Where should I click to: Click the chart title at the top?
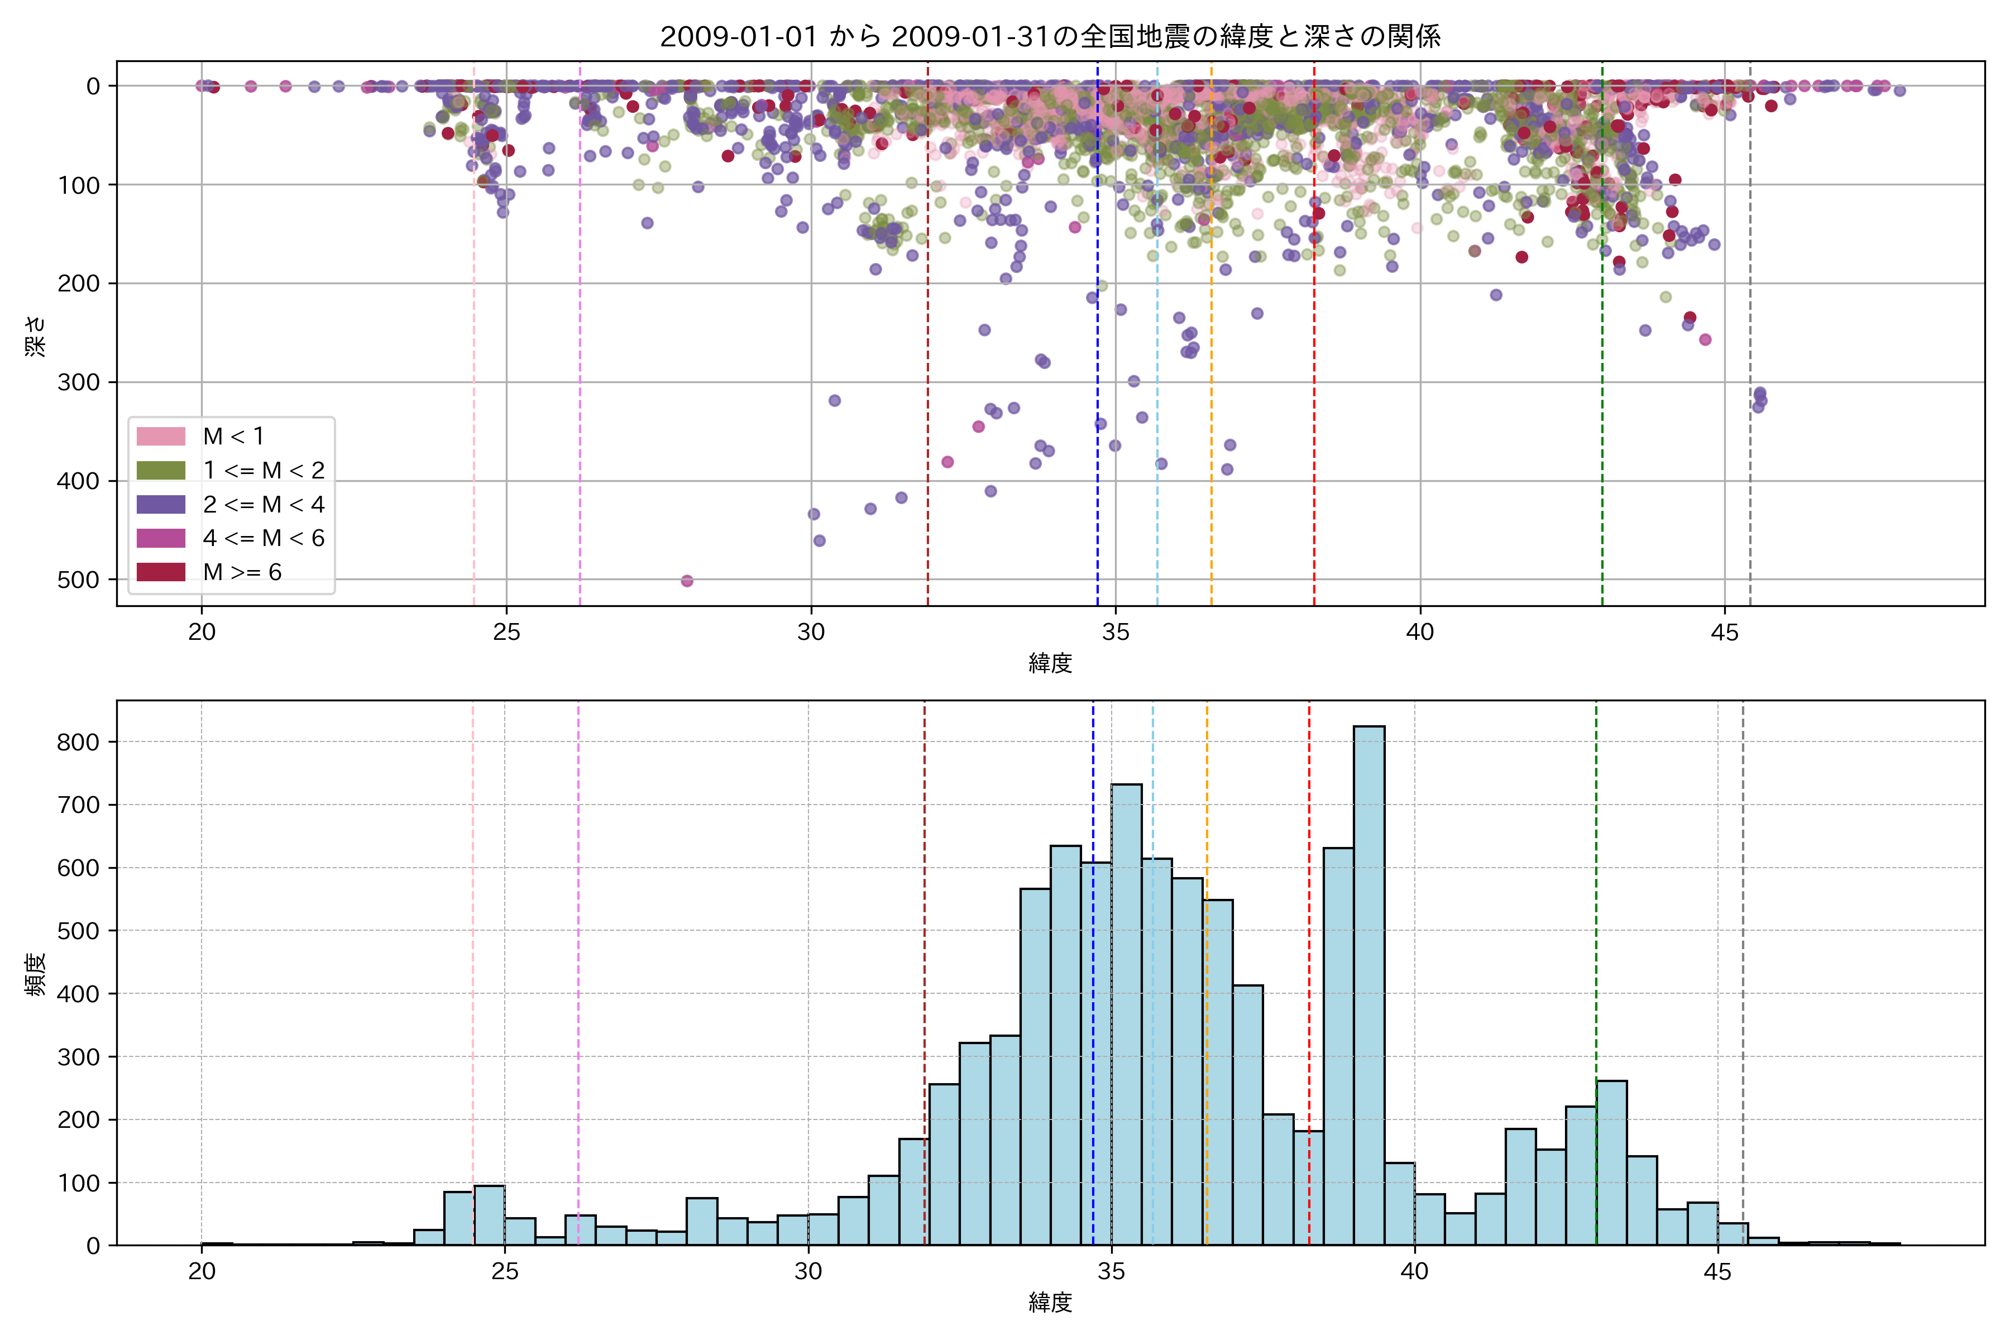[x=1050, y=36]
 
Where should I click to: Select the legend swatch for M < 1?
[x=161, y=436]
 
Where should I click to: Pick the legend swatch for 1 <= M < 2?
[x=161, y=470]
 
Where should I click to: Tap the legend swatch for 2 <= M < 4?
[x=161, y=504]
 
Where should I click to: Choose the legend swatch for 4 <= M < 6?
[x=161, y=538]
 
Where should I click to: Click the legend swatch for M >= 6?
[x=161, y=572]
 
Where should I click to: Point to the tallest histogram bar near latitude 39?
[x=1369, y=983]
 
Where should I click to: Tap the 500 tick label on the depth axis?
[x=79, y=580]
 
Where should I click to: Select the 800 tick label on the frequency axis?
[x=79, y=742]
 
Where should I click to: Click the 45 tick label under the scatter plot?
[x=1725, y=633]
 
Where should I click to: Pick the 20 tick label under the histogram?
[x=202, y=1272]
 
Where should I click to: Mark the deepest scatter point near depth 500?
[x=687, y=581]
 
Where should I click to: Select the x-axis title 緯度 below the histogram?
[x=1050, y=1303]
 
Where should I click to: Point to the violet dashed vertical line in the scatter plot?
[x=580, y=342]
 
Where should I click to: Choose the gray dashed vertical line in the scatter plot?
[x=1750, y=342]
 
